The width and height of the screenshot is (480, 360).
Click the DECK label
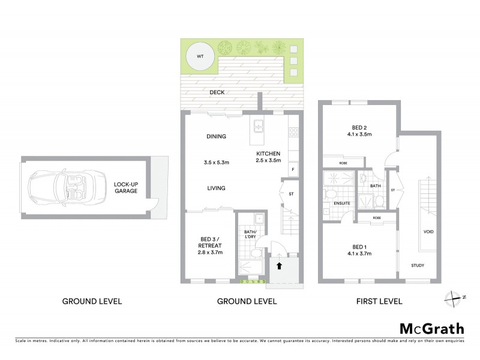coord(217,93)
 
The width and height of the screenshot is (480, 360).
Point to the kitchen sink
coord(259,127)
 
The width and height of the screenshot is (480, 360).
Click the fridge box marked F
coord(293,170)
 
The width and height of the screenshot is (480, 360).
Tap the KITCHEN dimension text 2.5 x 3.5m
coord(268,161)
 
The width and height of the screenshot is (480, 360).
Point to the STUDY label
coord(418,265)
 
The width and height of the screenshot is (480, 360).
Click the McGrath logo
coord(432,328)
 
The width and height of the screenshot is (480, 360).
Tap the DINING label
coord(216,136)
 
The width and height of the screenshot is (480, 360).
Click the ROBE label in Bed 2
coord(343,163)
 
